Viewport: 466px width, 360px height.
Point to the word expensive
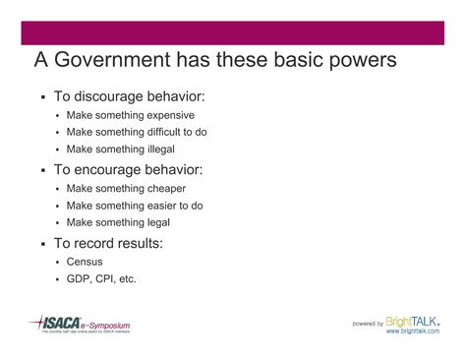coord(172,115)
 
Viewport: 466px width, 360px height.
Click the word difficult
coord(161,132)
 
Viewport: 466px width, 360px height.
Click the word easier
coord(157,206)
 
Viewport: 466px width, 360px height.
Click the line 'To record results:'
coord(108,243)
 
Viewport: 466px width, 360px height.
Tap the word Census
coord(85,262)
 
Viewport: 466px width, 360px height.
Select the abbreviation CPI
coord(105,278)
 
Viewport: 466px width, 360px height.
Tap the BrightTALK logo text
coord(411,322)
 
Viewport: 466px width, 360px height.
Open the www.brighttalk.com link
coord(412,331)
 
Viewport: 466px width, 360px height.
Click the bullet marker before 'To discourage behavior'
coord(43,98)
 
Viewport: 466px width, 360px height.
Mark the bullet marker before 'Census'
coord(58,262)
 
